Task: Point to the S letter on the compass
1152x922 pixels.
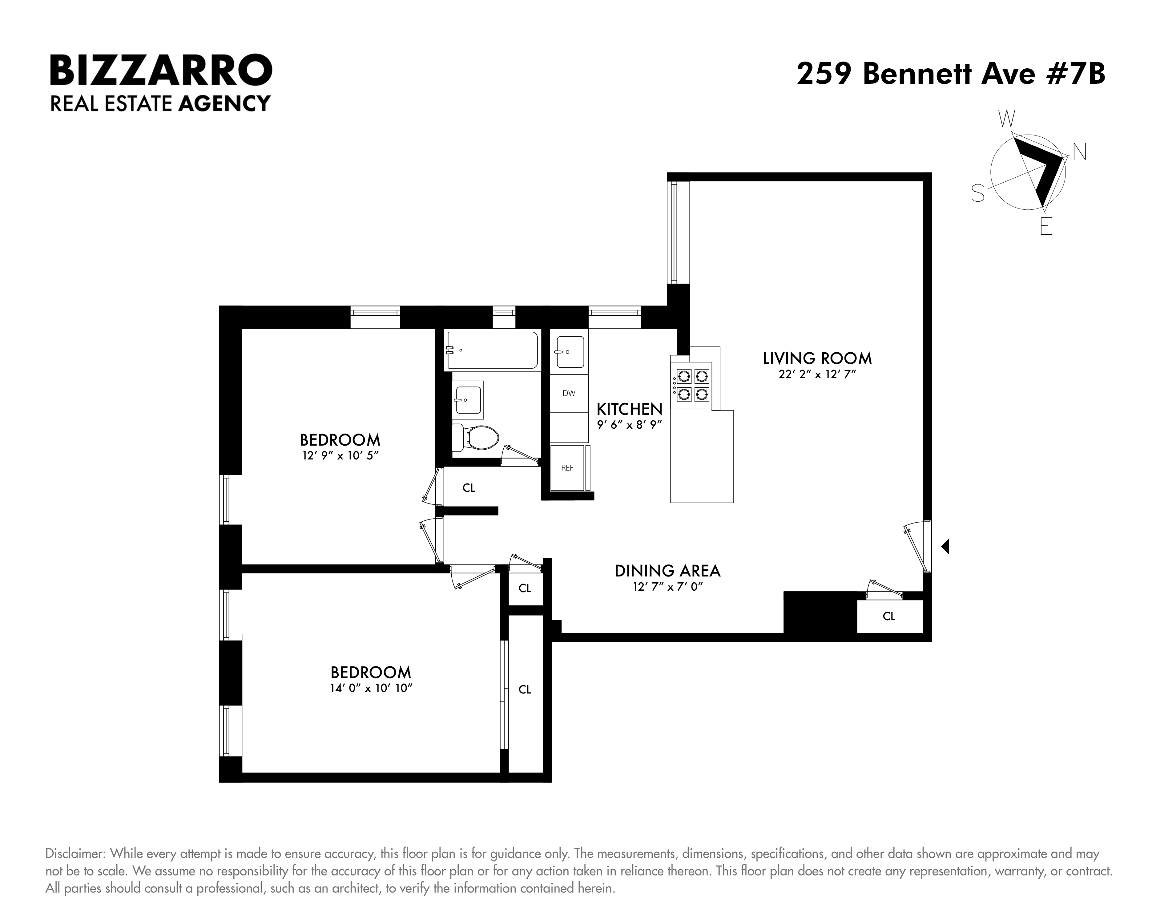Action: [x=978, y=193]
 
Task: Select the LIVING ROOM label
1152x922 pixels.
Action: [x=817, y=358]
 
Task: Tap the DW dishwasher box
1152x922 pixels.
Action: [x=569, y=393]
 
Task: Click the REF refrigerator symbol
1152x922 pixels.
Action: [x=567, y=468]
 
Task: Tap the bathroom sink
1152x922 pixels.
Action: [x=468, y=399]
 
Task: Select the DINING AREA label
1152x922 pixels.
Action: [x=667, y=571]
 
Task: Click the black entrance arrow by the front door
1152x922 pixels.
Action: [x=945, y=546]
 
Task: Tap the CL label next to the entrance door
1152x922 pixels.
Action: [x=888, y=616]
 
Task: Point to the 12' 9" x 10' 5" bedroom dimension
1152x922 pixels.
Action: [x=340, y=456]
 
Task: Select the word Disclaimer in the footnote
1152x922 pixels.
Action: [x=75, y=854]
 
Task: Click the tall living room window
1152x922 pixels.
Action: [x=674, y=233]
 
